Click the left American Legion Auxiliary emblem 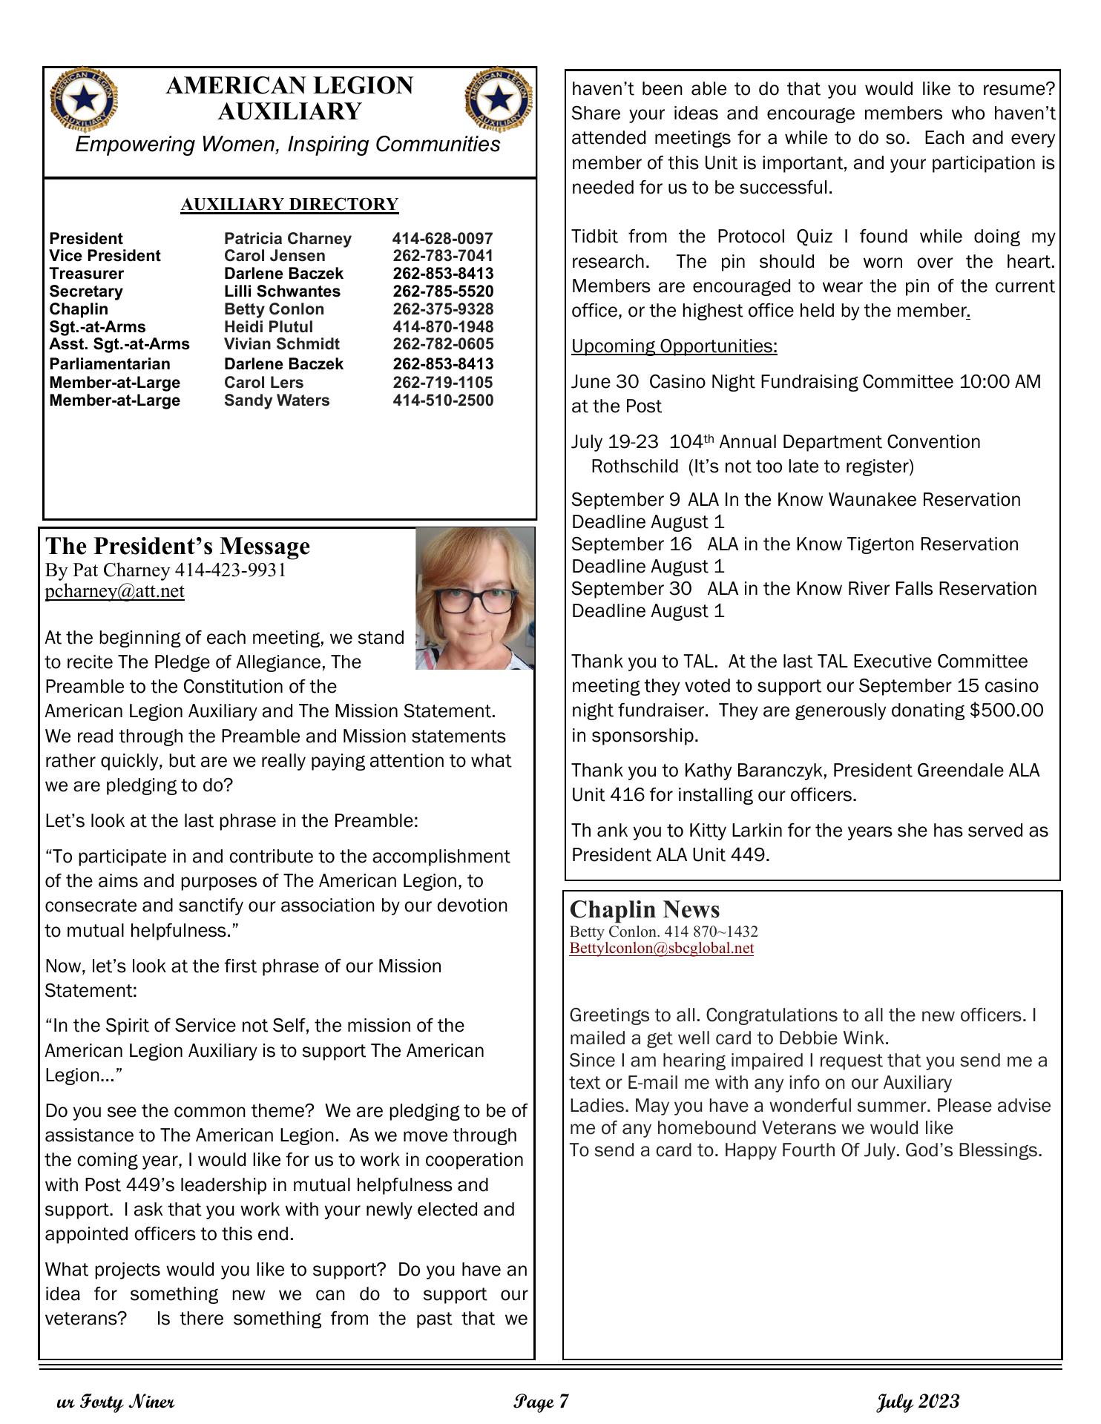(x=83, y=99)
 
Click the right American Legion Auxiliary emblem (x=499, y=99)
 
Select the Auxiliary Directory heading (x=289, y=205)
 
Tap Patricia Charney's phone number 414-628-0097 (x=442, y=239)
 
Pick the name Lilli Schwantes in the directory (x=282, y=291)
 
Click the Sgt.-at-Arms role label (x=97, y=327)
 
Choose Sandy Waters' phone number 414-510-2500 (x=443, y=400)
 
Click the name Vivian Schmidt (x=282, y=344)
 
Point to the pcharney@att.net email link (x=114, y=591)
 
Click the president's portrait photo (x=475, y=599)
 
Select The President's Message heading (x=177, y=547)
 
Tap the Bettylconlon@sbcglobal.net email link (x=661, y=949)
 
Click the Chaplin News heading (x=644, y=910)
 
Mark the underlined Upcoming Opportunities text (x=674, y=346)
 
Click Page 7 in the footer (x=541, y=1402)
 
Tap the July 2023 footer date (x=918, y=1402)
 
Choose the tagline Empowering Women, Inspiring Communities (x=288, y=145)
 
